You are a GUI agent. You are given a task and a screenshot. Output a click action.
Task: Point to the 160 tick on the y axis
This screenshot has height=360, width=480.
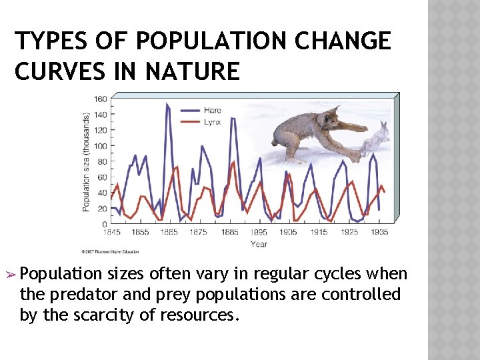(x=100, y=100)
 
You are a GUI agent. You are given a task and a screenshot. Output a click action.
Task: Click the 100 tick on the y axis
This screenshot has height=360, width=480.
(x=100, y=146)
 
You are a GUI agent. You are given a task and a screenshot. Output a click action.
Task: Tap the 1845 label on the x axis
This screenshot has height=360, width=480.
(x=111, y=233)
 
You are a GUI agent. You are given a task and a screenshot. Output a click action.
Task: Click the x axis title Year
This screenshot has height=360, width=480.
(x=259, y=244)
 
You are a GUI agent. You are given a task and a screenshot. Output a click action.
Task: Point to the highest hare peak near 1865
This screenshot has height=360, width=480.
(x=167, y=105)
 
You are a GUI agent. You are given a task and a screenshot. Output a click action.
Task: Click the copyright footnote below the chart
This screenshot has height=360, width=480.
(x=111, y=252)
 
